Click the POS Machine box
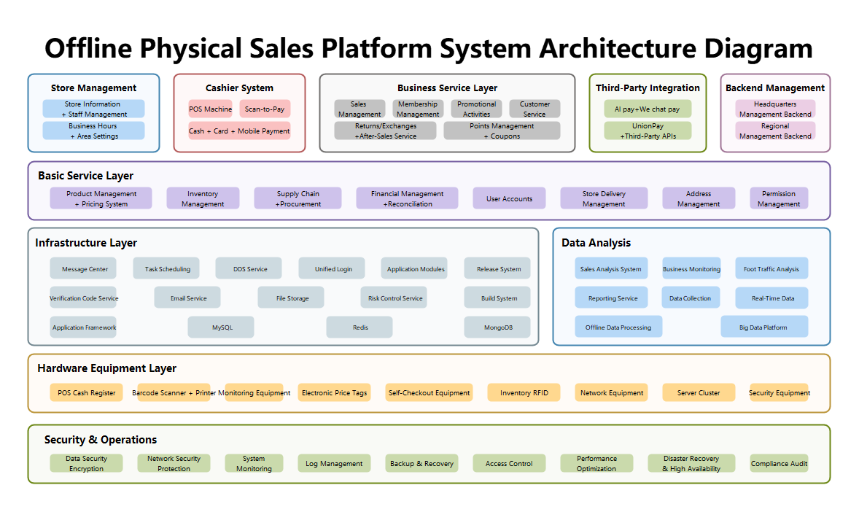210,109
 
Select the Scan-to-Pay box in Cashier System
265,109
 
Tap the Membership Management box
418,109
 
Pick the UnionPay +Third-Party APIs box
648,131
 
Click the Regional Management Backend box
775,131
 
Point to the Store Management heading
93,88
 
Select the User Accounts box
509,198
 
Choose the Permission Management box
779,198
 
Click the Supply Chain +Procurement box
298,198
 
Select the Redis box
359,327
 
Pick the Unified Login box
332,268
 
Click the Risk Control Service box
394,298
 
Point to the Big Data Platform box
764,327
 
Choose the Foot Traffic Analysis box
771,268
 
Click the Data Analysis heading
596,243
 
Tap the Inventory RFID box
524,392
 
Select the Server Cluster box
699,392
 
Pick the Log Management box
334,463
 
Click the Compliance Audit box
779,463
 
